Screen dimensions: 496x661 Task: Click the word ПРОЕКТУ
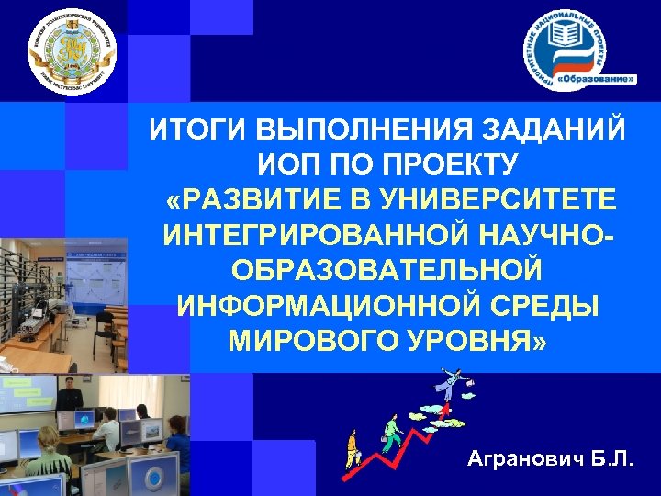click(x=440, y=166)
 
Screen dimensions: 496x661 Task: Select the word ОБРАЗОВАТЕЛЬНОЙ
click(x=386, y=271)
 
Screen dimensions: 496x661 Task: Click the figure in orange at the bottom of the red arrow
click(x=351, y=448)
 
